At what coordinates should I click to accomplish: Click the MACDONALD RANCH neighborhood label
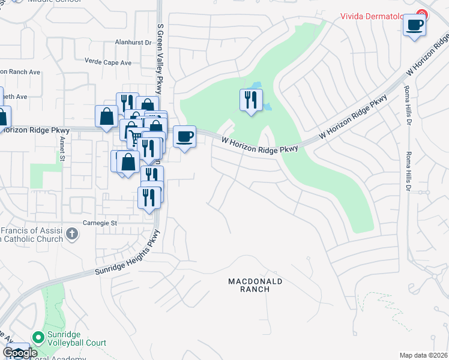point(255,284)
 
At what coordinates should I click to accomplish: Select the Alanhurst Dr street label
point(133,43)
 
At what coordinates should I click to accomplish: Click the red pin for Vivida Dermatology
point(423,14)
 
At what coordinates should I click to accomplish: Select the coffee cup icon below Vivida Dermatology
point(415,25)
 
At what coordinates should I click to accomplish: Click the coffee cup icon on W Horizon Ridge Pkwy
point(185,136)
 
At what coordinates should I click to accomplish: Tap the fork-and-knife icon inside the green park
point(252,100)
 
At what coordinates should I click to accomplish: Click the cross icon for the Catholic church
point(72,233)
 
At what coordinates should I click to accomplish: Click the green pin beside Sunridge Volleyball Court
point(38,338)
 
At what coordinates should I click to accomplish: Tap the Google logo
point(20,353)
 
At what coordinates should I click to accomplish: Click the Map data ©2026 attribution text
point(423,355)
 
